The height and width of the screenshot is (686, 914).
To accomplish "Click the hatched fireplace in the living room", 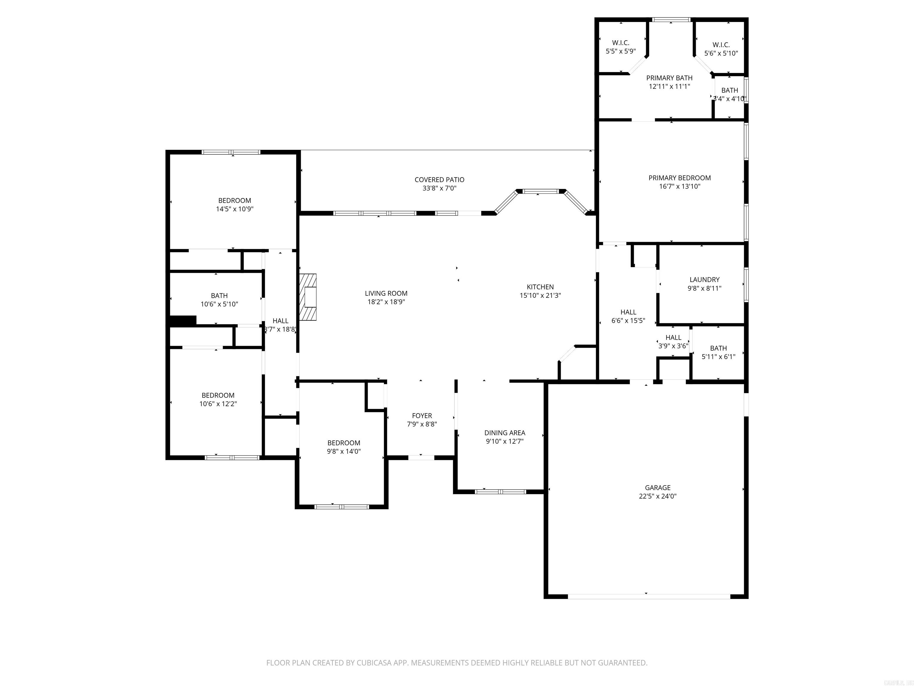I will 308,297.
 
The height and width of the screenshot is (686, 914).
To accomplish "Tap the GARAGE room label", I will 658,487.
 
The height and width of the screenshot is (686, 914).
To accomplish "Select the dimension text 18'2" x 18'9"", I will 386,302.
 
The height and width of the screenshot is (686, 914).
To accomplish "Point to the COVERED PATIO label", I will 439,180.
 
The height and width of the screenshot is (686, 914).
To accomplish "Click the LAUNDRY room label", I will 704,280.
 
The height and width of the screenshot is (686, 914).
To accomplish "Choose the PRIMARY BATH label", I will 669,78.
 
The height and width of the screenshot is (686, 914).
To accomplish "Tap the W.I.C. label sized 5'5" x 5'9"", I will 620,43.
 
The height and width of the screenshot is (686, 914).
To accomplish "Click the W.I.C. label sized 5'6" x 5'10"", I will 721,45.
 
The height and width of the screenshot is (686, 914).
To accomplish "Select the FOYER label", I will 422,416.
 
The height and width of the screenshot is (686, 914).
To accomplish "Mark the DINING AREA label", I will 505,433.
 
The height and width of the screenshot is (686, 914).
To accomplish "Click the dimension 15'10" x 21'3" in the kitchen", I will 540,295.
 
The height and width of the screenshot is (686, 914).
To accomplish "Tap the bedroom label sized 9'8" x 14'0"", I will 343,443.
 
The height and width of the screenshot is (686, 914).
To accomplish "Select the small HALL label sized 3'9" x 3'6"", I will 673,337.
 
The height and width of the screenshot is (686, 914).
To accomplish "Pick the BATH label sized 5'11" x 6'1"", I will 718,348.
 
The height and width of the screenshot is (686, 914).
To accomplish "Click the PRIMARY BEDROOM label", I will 679,178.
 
